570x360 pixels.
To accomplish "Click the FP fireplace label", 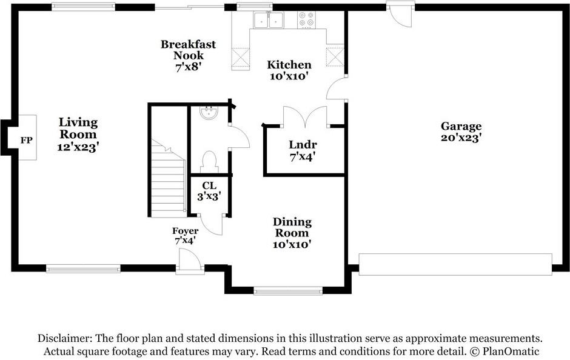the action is click(26, 140).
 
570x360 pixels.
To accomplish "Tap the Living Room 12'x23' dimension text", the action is click(78, 147).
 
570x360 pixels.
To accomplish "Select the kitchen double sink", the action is click(269, 20).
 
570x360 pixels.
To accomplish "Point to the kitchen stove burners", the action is click(306, 19).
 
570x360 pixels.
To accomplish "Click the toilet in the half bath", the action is click(209, 162).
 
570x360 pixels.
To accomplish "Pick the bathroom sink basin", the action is click(209, 113).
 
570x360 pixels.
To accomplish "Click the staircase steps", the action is click(169, 178).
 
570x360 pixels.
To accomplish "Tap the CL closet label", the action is click(209, 185).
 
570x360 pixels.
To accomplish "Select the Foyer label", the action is click(186, 231).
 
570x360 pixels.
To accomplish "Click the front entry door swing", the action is click(189, 260).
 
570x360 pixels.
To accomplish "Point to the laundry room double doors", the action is click(305, 116).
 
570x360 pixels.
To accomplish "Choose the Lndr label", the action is click(303, 145).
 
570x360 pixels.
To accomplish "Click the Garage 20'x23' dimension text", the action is click(461, 138).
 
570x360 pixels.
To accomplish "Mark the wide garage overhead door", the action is click(455, 264).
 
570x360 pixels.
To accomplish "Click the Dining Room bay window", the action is click(288, 291).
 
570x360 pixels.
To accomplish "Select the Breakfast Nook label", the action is click(188, 50).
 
